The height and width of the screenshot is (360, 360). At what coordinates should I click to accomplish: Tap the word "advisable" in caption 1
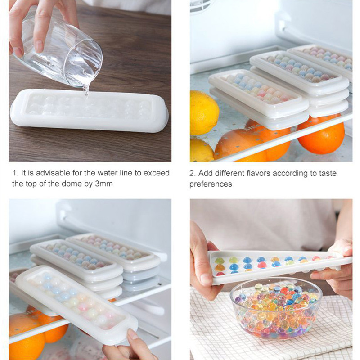coord(53,173)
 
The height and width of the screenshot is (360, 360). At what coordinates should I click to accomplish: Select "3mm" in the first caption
coord(104,184)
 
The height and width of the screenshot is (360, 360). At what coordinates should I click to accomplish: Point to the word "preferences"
coord(211,184)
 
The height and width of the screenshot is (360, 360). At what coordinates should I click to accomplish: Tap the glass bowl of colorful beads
coord(276,309)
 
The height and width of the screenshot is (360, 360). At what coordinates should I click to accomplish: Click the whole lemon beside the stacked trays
coord(204,113)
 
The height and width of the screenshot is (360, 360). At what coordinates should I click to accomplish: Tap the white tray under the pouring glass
coord(89,111)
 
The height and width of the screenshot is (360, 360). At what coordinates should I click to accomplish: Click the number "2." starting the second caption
coord(193,173)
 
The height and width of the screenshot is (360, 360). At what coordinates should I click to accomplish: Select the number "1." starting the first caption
coord(15,173)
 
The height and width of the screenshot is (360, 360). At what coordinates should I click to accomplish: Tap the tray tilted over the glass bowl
coord(279,267)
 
